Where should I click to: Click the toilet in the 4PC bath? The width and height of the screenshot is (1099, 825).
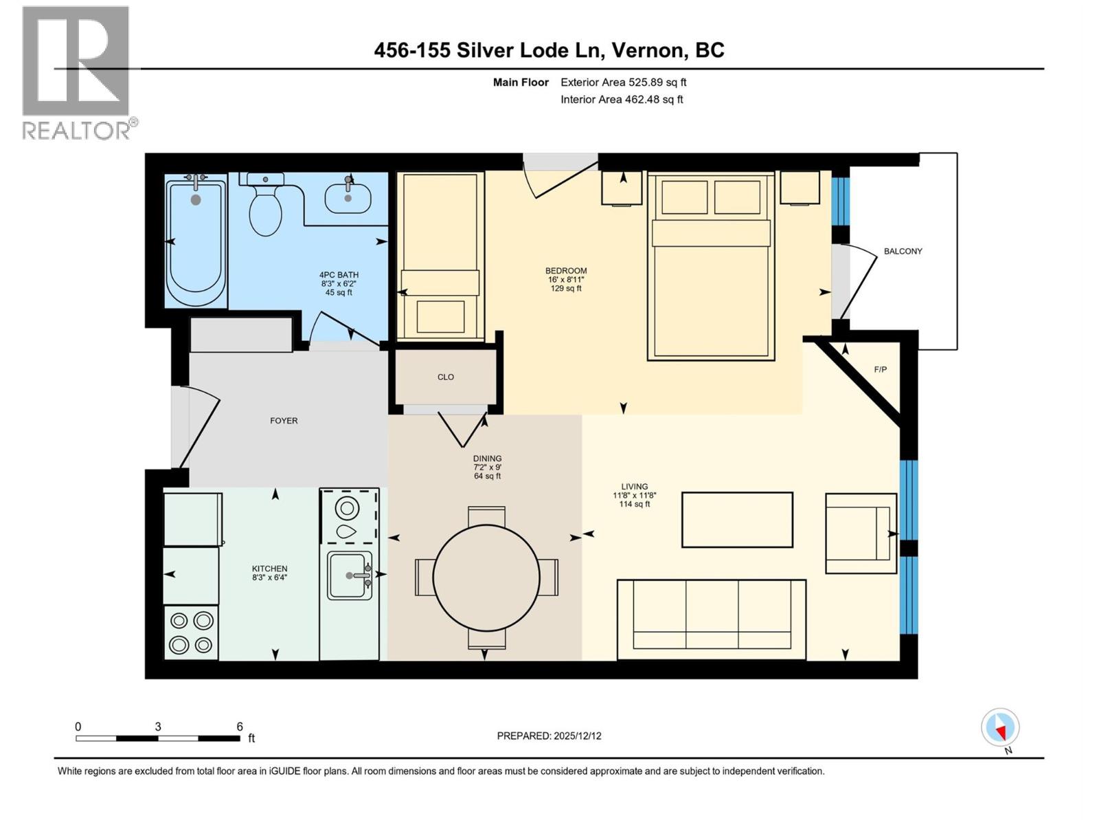(265, 206)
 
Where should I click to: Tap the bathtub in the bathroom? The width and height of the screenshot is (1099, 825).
(196, 241)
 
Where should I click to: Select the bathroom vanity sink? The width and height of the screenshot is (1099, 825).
(348, 198)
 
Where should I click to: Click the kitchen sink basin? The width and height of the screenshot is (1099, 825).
(349, 575)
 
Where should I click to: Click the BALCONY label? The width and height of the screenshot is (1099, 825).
(903, 251)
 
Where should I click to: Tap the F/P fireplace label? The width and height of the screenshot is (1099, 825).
(880, 369)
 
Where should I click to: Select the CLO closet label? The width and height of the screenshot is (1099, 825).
(445, 377)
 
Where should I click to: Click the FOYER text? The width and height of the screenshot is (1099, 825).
(284, 421)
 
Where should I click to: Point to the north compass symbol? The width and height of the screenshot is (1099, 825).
(1000, 727)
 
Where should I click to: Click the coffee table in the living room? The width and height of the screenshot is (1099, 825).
(737, 520)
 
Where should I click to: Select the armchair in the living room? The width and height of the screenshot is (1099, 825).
(860, 533)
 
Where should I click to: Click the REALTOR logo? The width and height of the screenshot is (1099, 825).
(77, 72)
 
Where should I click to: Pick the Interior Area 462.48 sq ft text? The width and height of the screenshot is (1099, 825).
(622, 99)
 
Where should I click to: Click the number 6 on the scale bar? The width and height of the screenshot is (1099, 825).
(240, 727)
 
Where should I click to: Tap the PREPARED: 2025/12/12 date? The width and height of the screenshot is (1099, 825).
(549, 736)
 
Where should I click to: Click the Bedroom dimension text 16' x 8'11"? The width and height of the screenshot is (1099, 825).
(565, 280)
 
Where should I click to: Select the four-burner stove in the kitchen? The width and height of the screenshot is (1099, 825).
(191, 632)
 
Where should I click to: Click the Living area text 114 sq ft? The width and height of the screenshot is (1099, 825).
(634, 504)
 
